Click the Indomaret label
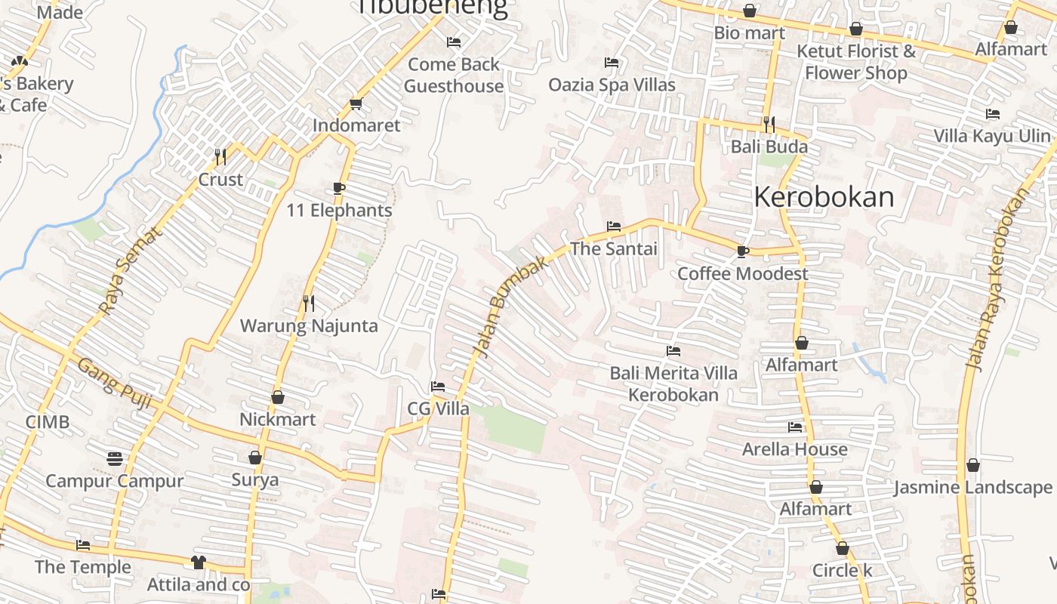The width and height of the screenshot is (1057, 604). (x=356, y=125)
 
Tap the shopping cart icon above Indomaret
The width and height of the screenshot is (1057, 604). (x=356, y=103)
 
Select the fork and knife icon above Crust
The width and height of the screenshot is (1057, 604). (x=220, y=157)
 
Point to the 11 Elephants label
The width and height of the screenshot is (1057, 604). (x=340, y=211)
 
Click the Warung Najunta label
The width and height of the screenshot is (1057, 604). (x=309, y=326)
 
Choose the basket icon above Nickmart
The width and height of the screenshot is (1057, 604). (x=278, y=397)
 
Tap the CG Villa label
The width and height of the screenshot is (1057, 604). (x=439, y=409)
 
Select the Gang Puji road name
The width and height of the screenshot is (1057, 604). (x=115, y=384)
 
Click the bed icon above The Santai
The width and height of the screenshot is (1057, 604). (x=614, y=226)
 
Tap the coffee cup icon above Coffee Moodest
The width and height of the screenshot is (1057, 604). (x=743, y=251)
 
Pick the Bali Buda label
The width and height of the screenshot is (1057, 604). (x=769, y=146)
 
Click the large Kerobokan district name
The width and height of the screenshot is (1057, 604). (x=824, y=197)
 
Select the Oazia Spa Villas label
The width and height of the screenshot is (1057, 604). (x=612, y=85)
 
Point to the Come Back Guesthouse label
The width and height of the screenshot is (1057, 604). (x=454, y=75)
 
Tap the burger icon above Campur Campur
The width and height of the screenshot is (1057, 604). (x=115, y=459)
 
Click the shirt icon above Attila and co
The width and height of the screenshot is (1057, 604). (x=199, y=562)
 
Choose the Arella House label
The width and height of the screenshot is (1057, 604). (x=795, y=449)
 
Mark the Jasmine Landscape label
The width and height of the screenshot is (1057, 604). (x=973, y=487)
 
